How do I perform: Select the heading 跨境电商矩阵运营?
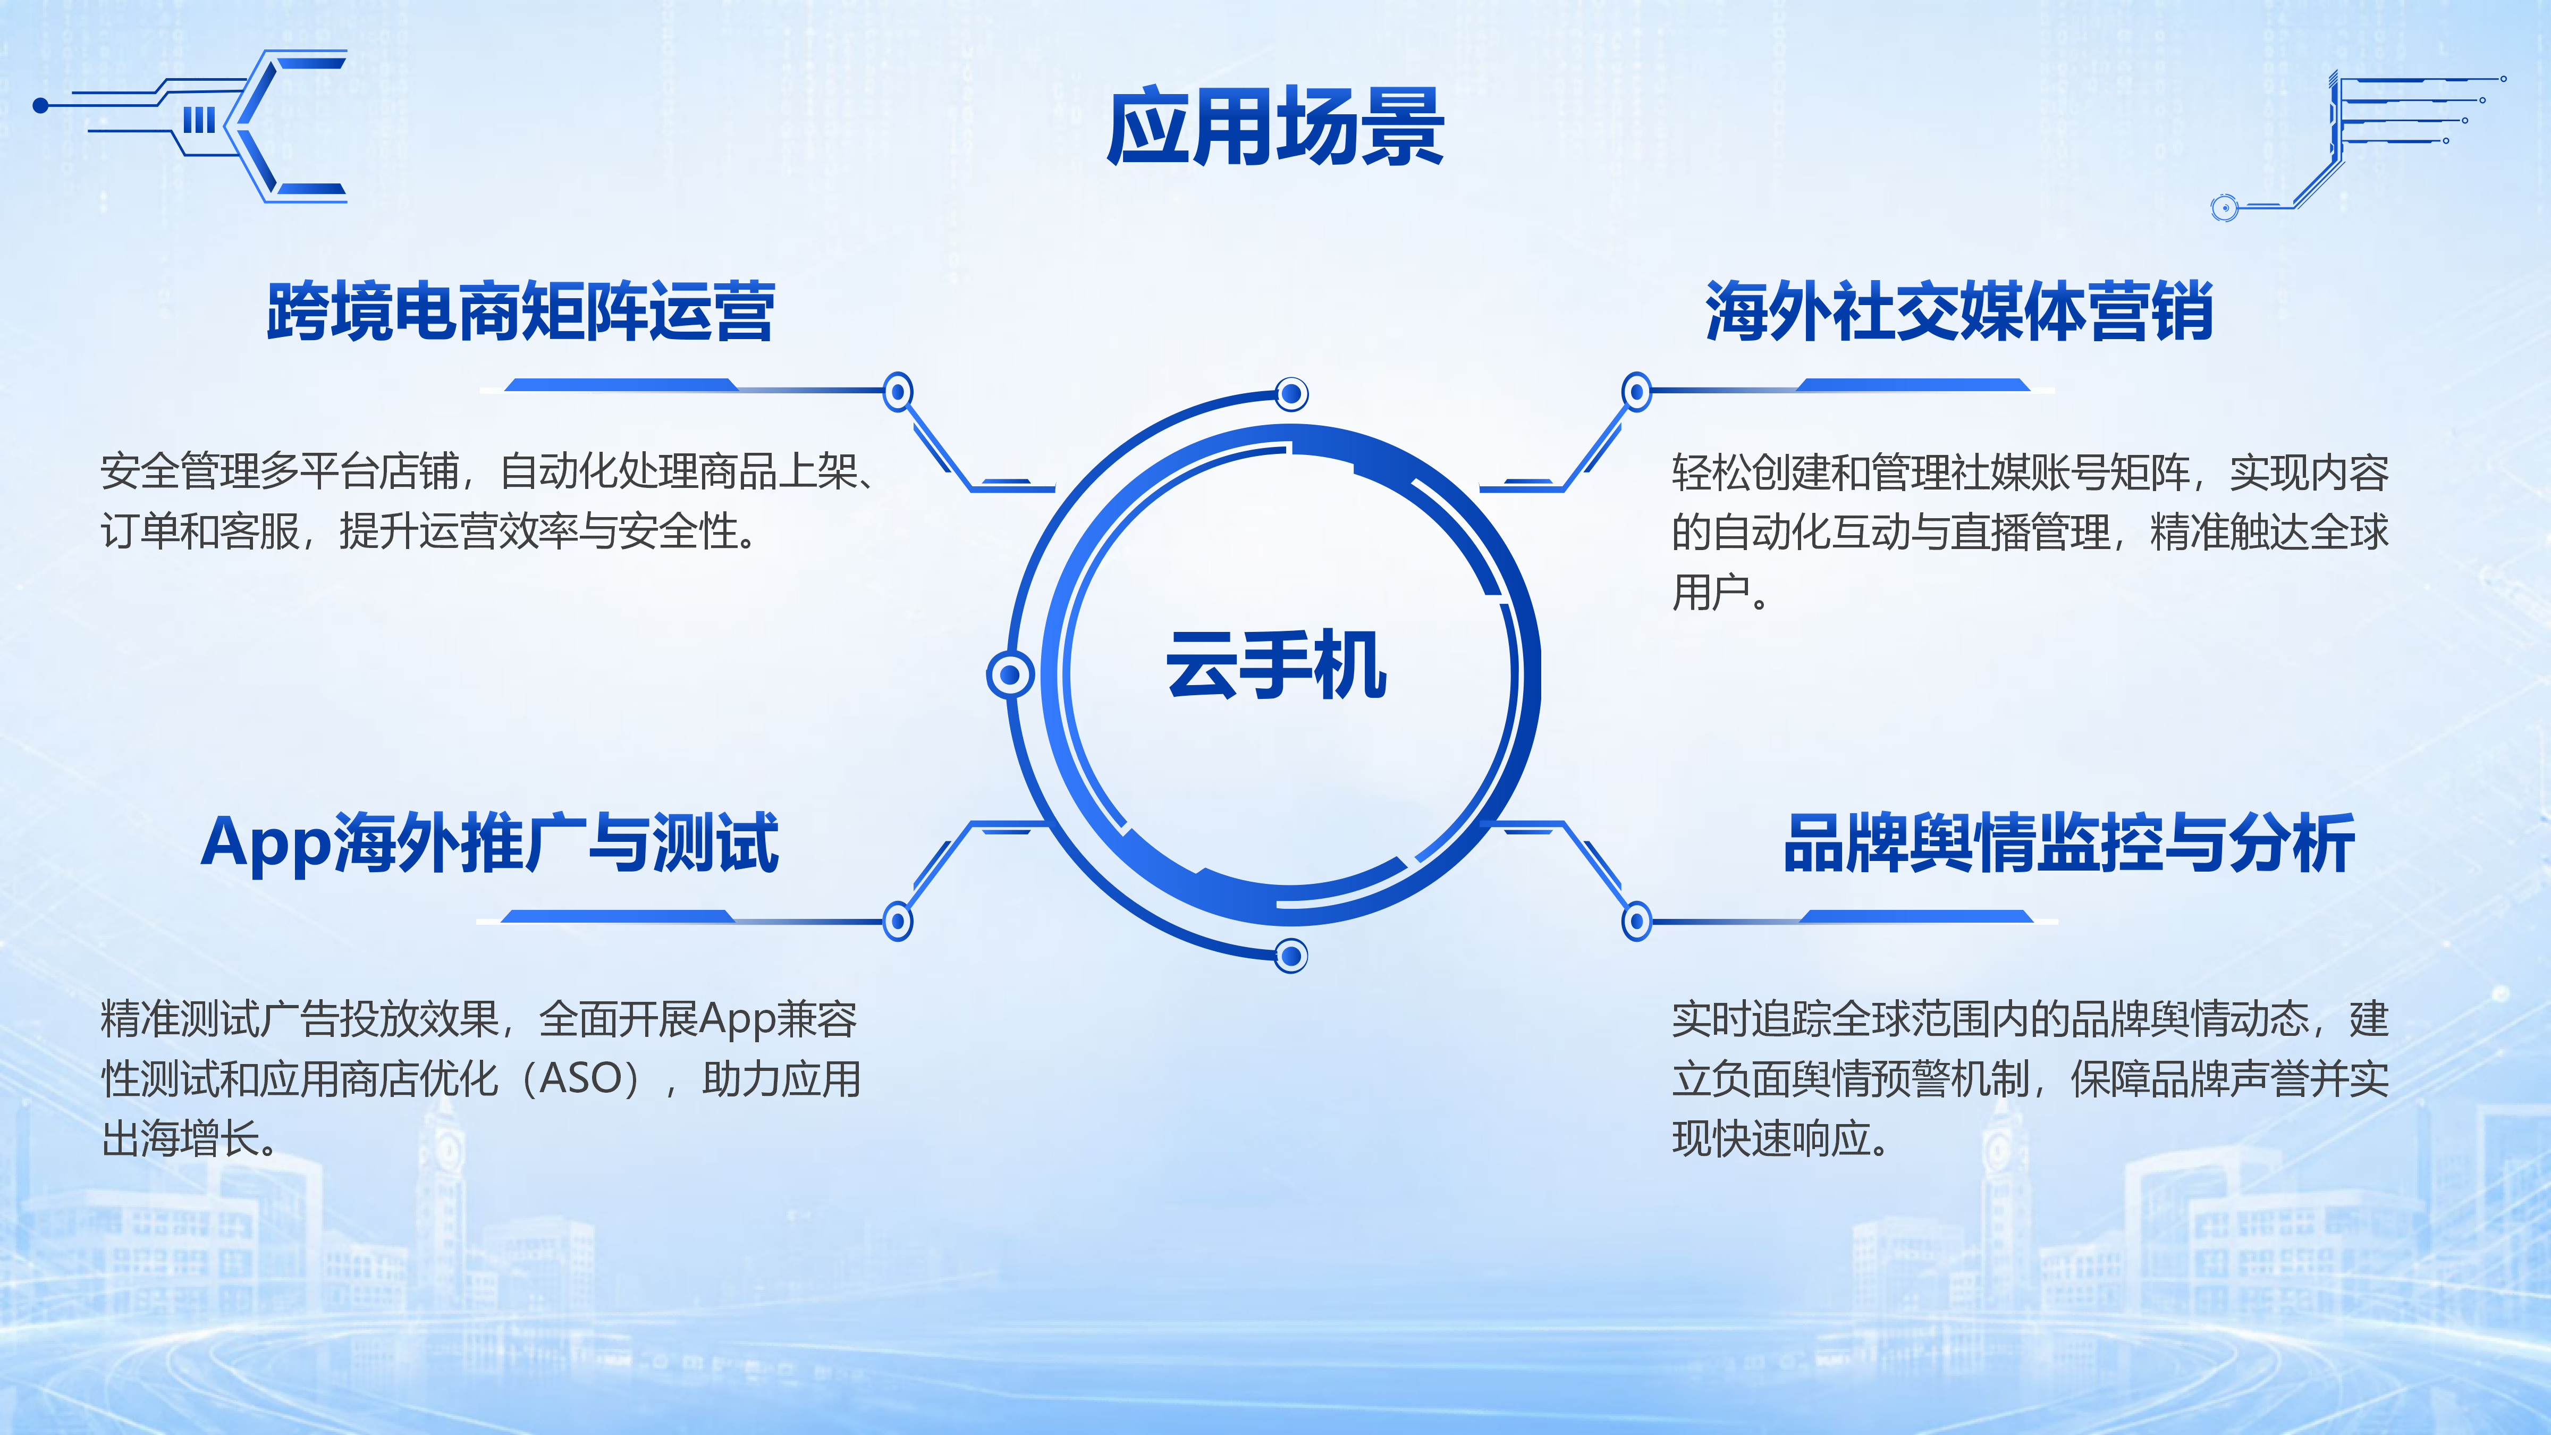click(x=521, y=311)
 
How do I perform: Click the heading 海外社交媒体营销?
click(x=1959, y=311)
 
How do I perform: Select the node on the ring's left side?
click(x=1010, y=676)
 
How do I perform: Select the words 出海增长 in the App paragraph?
click(x=181, y=1139)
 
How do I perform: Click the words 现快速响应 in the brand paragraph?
click(x=1771, y=1139)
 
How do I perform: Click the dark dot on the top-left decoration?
click(x=40, y=105)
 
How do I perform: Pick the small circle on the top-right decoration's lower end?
click(x=2224, y=207)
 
